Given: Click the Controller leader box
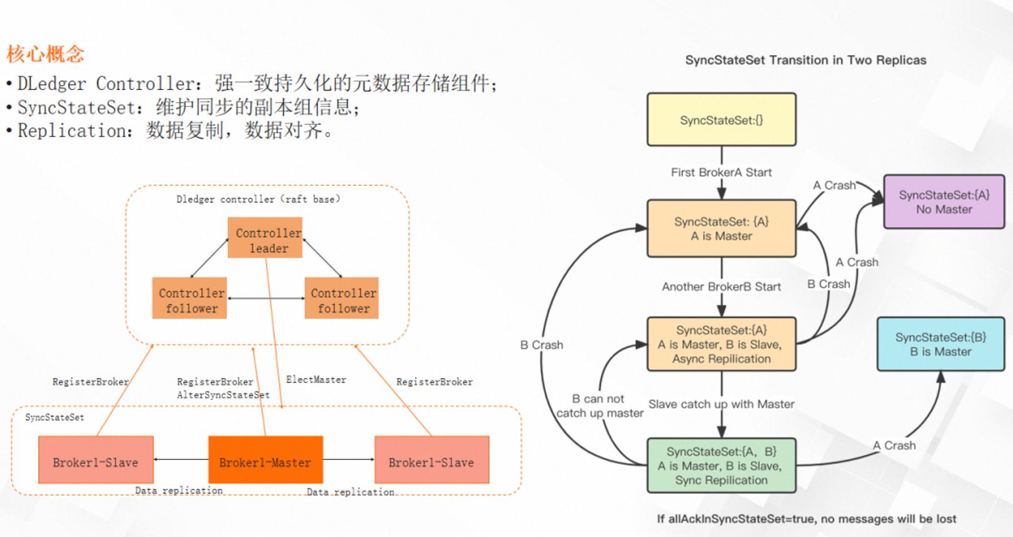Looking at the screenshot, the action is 265,238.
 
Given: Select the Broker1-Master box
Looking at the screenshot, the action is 266,459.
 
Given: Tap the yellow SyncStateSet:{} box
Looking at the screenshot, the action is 722,120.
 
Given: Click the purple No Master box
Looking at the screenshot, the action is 944,202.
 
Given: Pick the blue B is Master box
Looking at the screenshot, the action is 940,344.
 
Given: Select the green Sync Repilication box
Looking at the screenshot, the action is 722,466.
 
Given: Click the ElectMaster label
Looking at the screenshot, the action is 316,379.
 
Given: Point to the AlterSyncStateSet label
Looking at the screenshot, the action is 223,395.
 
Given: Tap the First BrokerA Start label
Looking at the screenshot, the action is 722,172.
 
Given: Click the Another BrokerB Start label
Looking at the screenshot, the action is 722,287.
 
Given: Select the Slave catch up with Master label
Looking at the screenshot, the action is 722,404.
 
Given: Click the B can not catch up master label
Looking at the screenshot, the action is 600,406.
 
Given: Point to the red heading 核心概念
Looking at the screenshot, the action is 45,54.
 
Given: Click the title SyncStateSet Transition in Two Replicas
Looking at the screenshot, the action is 805,60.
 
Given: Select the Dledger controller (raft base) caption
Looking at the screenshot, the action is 258,199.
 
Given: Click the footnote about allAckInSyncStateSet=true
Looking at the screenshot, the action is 806,519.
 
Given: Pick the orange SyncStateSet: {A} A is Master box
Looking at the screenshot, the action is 722,228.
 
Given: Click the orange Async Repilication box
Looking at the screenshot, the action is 722,344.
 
